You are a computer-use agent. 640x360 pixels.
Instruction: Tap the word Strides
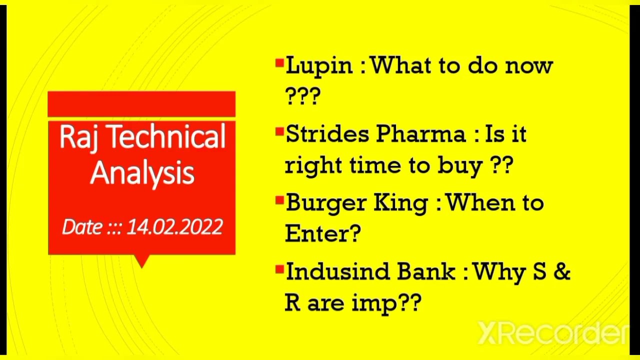pos(325,134)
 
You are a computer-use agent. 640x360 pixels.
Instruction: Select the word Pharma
pos(420,134)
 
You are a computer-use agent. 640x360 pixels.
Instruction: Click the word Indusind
pos(336,272)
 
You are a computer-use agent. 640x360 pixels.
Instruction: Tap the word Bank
pos(426,272)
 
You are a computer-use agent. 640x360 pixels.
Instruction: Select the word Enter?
pos(323,233)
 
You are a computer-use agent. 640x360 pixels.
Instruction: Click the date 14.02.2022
pos(174,227)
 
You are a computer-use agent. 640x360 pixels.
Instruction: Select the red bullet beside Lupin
pos(279,63)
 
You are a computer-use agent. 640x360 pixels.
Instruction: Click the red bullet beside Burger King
pos(279,201)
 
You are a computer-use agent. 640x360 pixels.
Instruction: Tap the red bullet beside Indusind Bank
pos(279,270)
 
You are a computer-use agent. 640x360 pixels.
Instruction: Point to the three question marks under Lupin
pos(302,96)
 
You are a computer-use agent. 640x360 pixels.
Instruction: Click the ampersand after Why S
pos(562,272)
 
